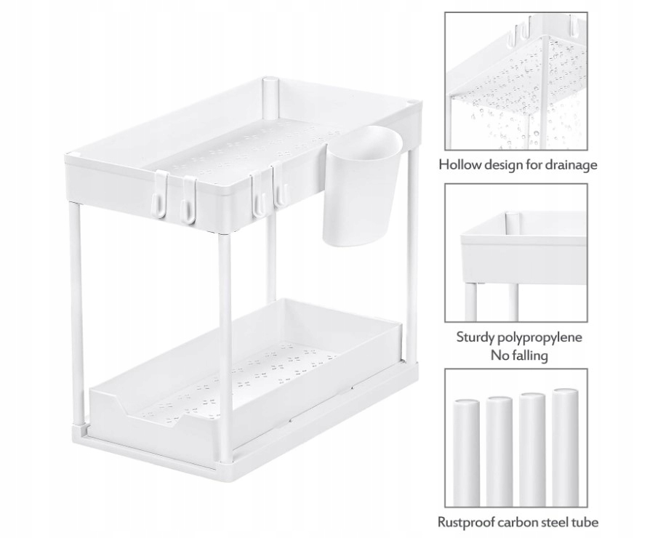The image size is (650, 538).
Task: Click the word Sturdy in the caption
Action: pos(477,337)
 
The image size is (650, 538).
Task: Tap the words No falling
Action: pos(519,356)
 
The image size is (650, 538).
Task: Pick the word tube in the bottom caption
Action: pos(585,522)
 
